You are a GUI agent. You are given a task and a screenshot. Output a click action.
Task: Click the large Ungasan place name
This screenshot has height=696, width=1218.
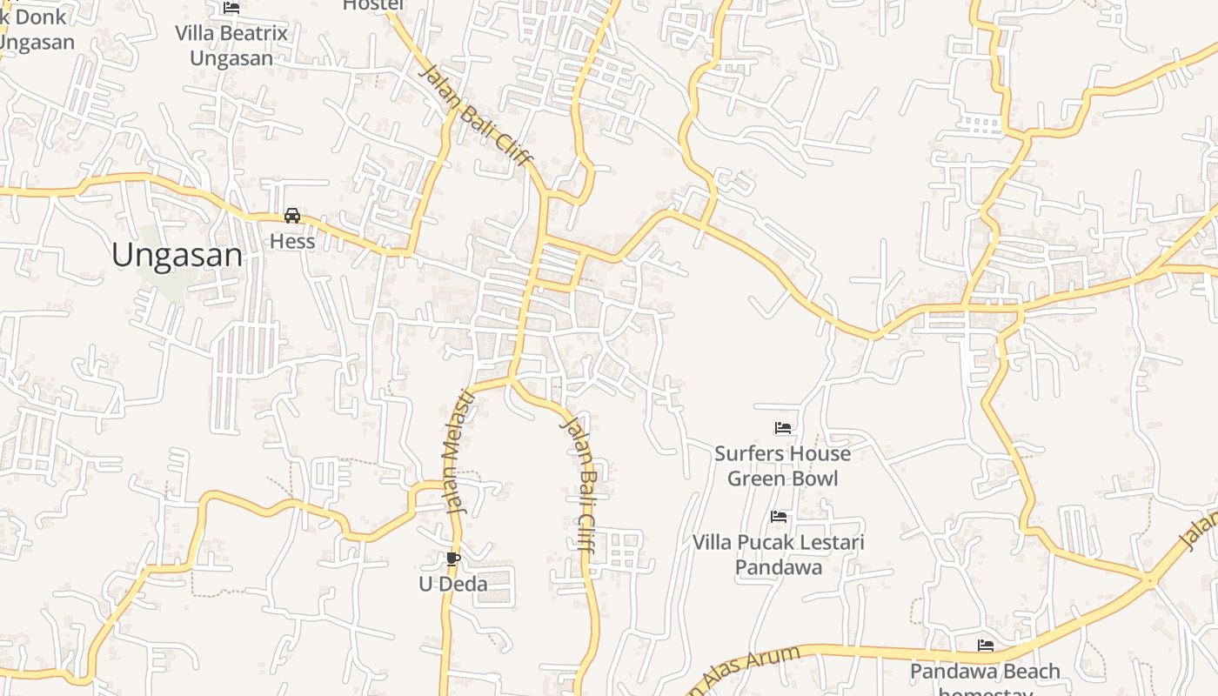coord(177,255)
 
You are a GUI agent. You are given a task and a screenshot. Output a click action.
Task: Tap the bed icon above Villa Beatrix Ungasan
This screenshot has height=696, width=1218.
coord(231,8)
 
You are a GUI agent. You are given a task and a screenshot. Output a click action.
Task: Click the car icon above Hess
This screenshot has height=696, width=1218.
coord(292,216)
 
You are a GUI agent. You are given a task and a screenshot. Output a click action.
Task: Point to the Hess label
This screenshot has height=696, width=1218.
coord(292,241)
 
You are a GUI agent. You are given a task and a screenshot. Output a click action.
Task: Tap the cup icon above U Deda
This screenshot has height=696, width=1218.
coord(452,559)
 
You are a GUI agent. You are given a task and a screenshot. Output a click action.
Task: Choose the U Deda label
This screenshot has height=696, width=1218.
coord(452,584)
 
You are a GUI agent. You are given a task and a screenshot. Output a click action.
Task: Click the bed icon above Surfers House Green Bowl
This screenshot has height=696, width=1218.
coord(782,428)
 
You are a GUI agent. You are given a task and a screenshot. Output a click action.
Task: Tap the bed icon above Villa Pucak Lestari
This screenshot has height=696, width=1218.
coord(779,517)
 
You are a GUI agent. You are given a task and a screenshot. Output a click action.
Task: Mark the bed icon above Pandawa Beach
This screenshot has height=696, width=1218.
coord(985,646)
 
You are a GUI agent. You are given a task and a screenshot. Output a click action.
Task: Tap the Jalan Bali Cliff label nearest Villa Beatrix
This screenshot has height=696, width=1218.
coord(475,115)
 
